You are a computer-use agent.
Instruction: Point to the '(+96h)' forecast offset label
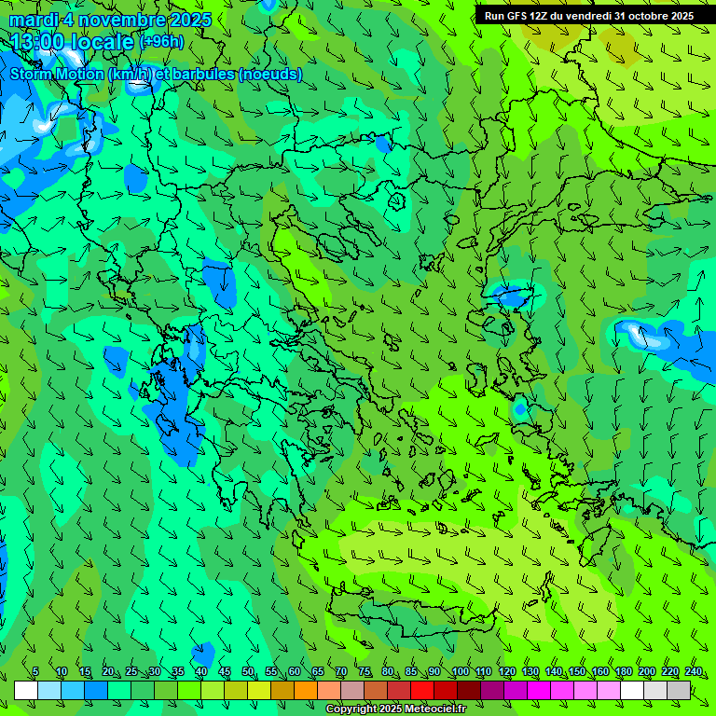tap(161, 42)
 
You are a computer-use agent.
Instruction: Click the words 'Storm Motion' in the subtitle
tap(57, 74)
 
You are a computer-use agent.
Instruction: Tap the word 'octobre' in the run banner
tap(647, 16)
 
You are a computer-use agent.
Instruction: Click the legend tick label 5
tap(35, 672)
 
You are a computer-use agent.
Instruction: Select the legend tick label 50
tap(248, 672)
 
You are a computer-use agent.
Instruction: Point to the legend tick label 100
tap(460, 672)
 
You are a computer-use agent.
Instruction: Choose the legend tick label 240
tap(694, 672)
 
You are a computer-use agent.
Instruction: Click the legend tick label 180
tap(623, 672)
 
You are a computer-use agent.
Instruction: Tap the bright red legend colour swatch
tap(422, 690)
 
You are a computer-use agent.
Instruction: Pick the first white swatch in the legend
tap(26, 690)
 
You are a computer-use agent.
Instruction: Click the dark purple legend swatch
tap(492, 690)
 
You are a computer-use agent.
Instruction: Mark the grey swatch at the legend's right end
tap(679, 690)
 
